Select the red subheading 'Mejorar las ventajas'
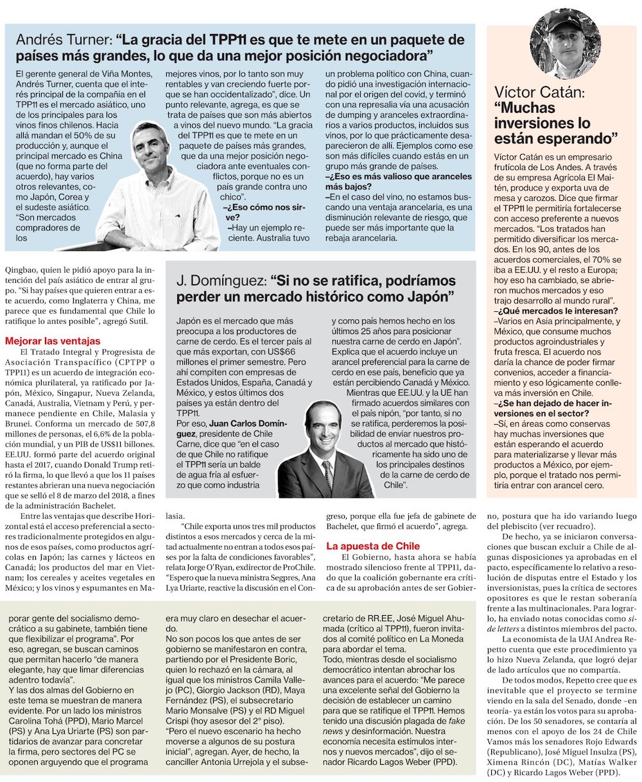tap(53, 341)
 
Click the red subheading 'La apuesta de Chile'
tap(373, 546)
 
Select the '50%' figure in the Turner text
tap(91, 137)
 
